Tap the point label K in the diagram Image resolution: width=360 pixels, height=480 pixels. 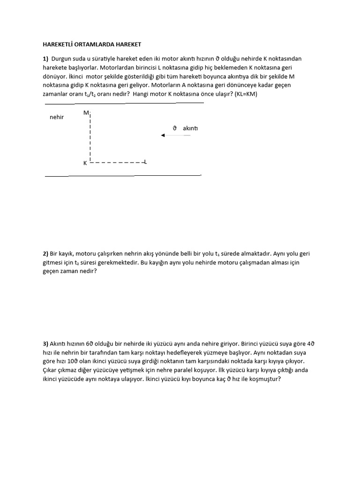85,163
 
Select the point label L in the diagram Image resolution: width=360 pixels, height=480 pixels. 145,162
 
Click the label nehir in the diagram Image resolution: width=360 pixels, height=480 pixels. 57,117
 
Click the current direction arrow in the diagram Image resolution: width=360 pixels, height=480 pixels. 175,135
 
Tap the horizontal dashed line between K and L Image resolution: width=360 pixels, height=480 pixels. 117,163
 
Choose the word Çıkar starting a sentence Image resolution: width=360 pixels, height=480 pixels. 51,370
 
